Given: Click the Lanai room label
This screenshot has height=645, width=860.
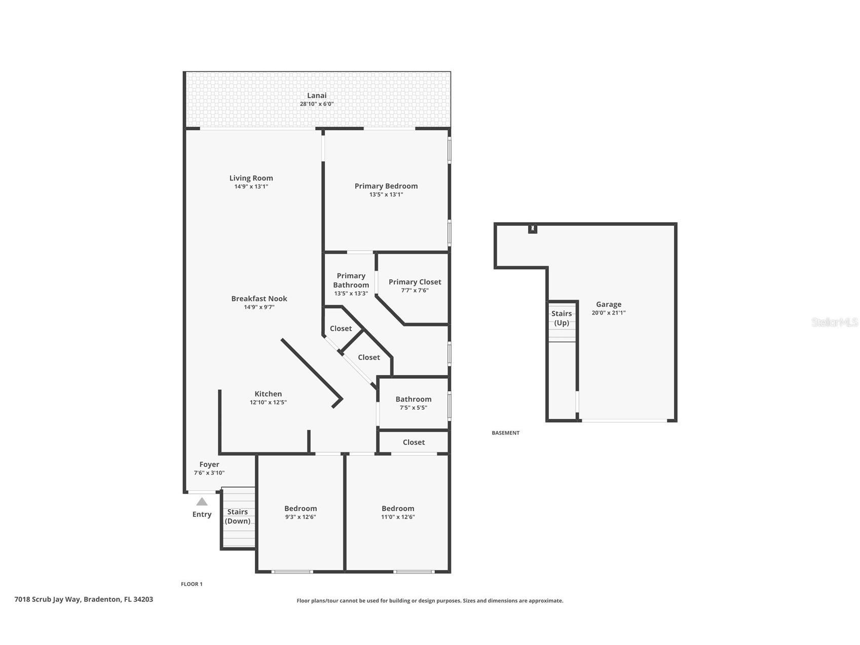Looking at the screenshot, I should (x=317, y=95).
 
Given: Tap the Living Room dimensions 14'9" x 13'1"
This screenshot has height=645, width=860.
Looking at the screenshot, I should (x=251, y=187).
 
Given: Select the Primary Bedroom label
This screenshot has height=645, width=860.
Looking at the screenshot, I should (x=386, y=186).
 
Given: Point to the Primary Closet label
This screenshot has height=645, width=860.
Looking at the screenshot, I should (x=415, y=282).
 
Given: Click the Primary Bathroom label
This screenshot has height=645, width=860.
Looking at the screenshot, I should (x=351, y=280).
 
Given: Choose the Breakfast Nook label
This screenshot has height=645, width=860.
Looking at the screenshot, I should (x=259, y=299).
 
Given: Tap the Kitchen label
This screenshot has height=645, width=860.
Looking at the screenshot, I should (x=268, y=394).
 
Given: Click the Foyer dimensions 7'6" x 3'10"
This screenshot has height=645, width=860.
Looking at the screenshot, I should (x=209, y=473).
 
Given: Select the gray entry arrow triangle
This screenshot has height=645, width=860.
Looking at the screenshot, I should (x=202, y=501).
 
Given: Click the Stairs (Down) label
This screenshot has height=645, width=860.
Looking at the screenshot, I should (x=237, y=516).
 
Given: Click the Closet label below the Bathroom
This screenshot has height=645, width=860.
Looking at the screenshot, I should (x=414, y=442).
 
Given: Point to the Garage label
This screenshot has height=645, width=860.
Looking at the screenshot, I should (x=608, y=304).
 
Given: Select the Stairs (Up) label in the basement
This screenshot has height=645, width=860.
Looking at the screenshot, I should (x=562, y=318).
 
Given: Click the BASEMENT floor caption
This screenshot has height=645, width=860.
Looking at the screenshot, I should (x=505, y=433).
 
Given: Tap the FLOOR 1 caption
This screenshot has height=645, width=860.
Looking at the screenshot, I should (x=192, y=584).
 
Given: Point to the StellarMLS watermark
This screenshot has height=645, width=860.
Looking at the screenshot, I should (x=834, y=322).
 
